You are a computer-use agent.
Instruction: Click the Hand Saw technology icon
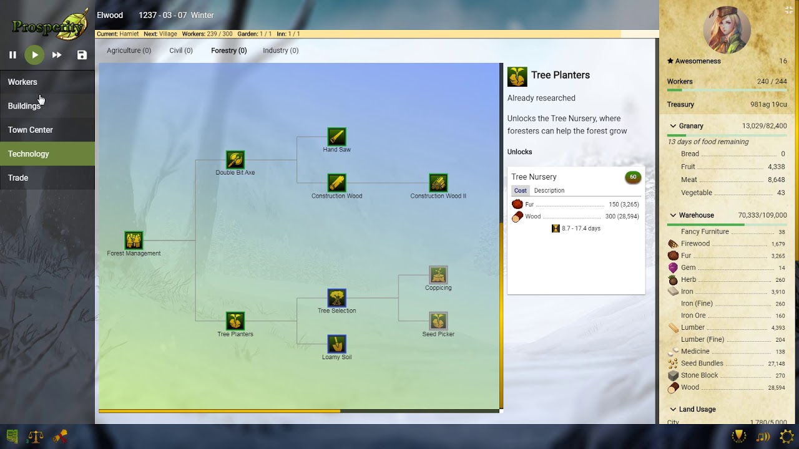pos(336,137)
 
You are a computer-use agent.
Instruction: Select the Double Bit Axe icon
pos(235,160)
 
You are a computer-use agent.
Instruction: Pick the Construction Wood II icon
pos(438,183)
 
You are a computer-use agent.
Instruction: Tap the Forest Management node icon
pos(134,240)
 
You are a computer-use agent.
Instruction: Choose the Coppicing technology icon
pos(438,274)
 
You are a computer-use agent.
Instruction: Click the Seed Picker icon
pos(438,321)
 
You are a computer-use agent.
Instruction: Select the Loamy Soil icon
pos(336,344)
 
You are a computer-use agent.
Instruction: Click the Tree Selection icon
pos(336,297)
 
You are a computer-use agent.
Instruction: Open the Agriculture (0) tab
pos(129,51)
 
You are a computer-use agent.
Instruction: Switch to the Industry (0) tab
pos(280,51)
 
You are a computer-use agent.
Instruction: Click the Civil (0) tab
pos(181,51)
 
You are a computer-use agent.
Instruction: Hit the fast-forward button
pos(57,55)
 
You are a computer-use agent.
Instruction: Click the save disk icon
pos(82,55)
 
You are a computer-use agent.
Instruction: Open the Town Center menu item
pos(31,130)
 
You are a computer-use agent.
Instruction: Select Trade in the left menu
pos(18,178)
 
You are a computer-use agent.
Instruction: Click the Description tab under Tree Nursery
pos(549,191)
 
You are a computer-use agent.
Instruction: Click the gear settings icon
pos(787,437)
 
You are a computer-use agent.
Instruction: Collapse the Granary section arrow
pos(673,126)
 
